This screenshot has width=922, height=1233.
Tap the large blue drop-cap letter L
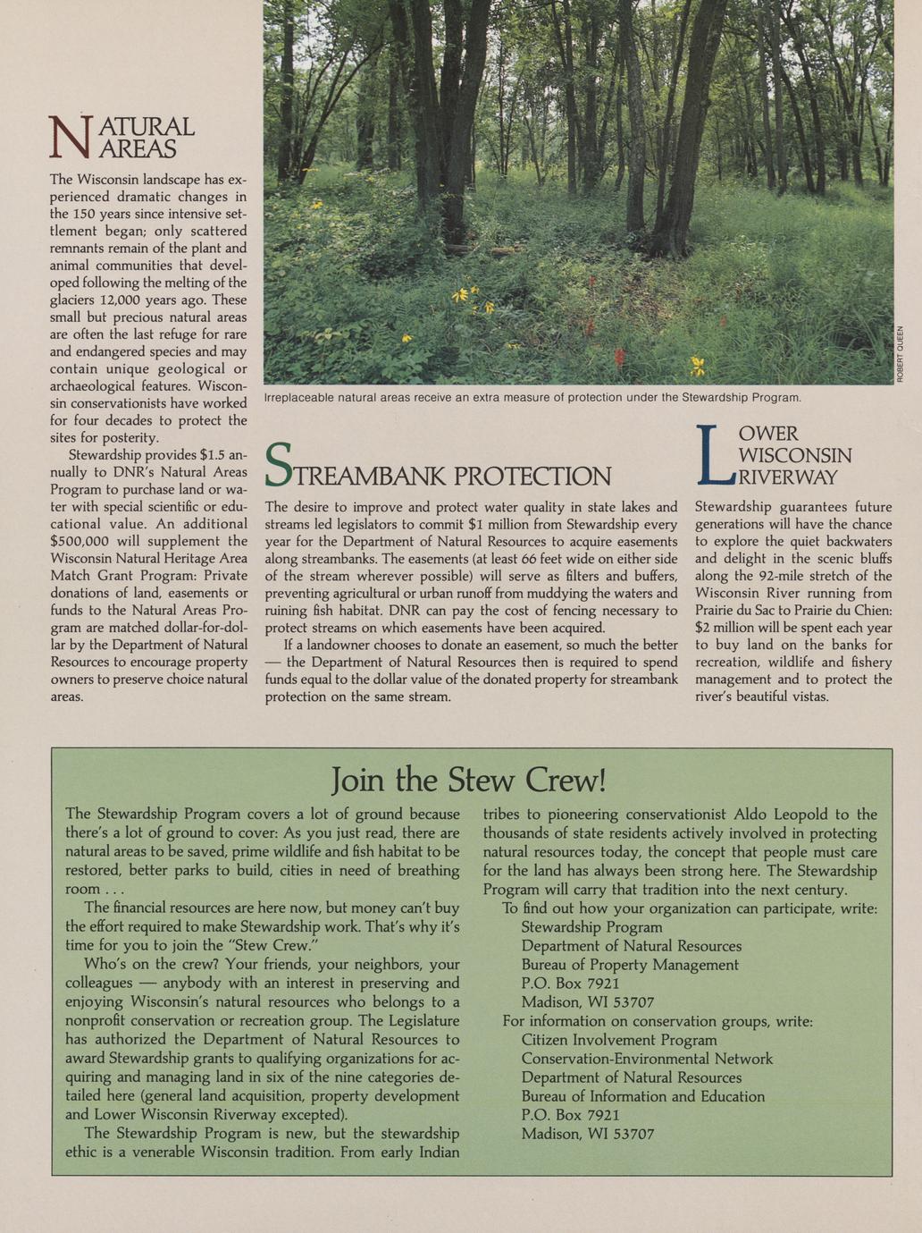pos(713,453)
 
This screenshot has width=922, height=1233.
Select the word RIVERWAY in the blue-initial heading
pos(790,477)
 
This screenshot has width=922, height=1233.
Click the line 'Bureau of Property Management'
pos(630,965)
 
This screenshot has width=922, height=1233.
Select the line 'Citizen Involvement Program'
pos(619,1040)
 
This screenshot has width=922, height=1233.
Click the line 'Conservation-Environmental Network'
pos(647,1059)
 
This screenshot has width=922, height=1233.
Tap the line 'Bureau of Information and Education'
pos(642,1096)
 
